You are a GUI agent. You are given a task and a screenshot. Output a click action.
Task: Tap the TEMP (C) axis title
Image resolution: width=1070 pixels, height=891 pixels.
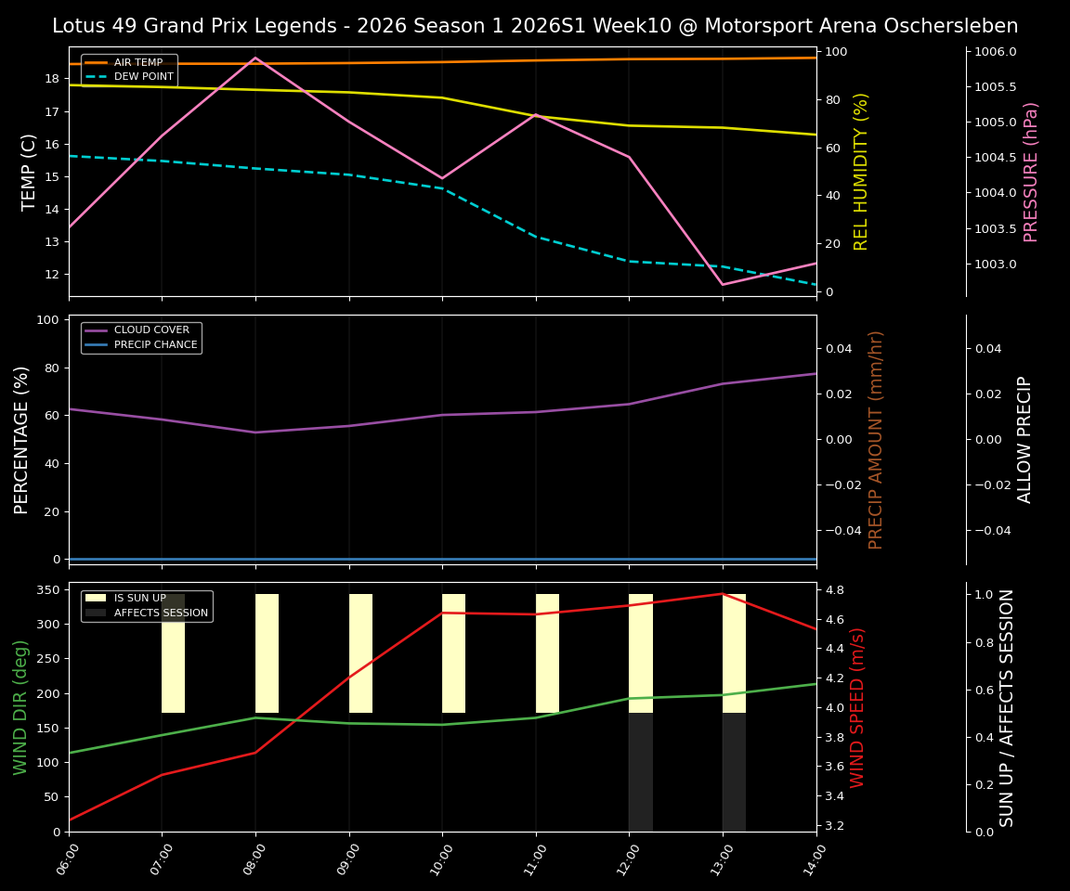29,172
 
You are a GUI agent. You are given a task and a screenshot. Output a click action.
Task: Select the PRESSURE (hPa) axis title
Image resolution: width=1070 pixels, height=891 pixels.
1031,172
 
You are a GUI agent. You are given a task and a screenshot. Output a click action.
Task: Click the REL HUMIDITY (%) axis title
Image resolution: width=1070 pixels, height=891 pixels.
861,172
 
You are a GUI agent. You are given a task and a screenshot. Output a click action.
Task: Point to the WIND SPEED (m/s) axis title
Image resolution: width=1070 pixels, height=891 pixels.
857,707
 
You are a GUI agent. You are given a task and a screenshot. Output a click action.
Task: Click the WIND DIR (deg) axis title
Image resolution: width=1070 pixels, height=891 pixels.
20,707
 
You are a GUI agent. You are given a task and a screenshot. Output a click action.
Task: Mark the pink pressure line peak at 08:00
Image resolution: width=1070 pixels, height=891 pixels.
255,58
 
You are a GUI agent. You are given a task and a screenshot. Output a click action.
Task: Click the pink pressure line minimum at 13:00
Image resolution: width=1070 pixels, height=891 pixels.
723,285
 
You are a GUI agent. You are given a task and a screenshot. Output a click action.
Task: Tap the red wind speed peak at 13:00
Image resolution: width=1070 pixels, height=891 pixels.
723,594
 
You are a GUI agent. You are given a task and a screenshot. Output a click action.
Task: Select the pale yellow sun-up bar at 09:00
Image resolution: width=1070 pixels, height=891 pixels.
360,653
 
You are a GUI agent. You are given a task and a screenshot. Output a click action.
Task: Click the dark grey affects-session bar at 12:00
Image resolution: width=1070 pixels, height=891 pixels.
640,772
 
